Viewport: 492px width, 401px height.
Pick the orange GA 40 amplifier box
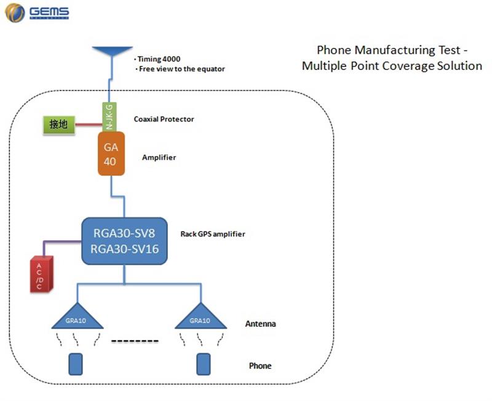click(x=111, y=154)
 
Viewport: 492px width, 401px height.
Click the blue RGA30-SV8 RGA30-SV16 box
click(x=124, y=241)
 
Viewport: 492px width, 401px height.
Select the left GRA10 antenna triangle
click(x=78, y=317)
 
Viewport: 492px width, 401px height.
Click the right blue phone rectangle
click(x=202, y=364)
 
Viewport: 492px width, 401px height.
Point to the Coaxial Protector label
click(x=164, y=119)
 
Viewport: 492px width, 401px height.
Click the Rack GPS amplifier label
click(x=213, y=234)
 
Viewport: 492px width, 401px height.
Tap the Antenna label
click(x=260, y=324)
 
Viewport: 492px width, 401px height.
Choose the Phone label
click(x=260, y=366)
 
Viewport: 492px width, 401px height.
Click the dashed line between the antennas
click(x=135, y=341)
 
